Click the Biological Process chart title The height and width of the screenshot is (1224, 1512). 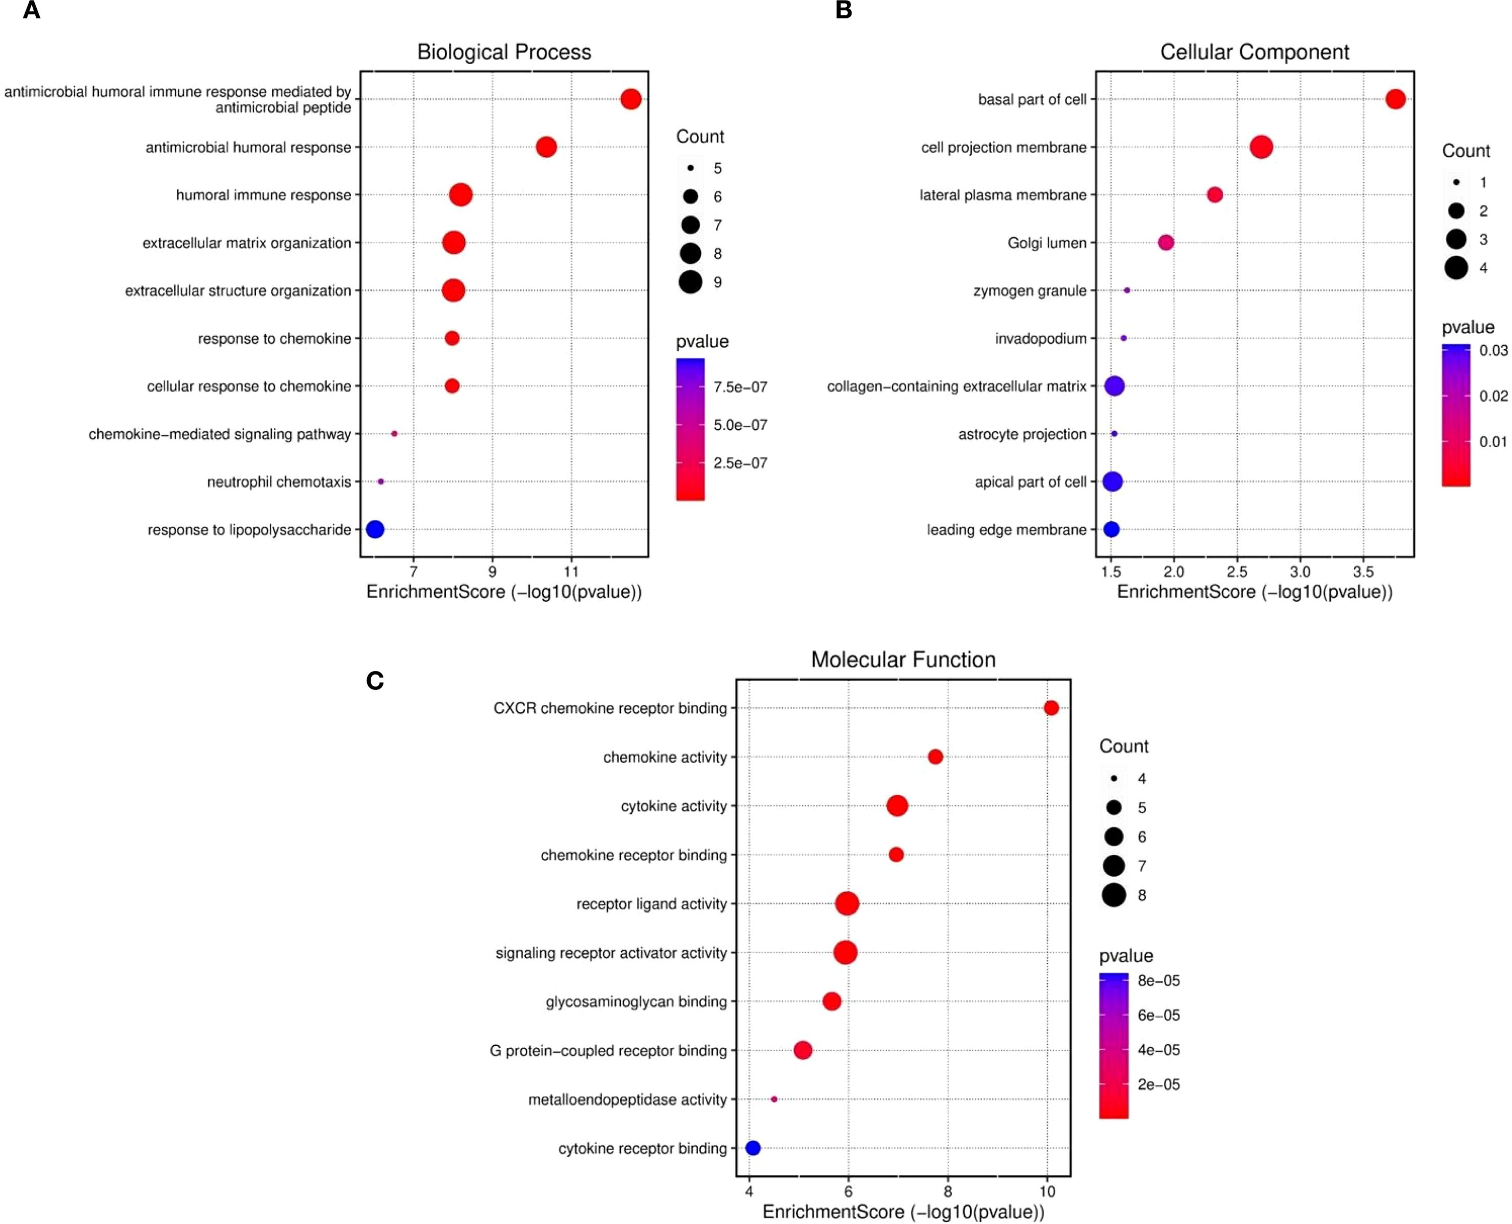(504, 52)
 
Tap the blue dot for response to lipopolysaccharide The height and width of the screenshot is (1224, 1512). (375, 529)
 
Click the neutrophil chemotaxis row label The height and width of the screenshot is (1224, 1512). (279, 482)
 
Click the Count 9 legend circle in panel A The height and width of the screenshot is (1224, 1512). (691, 282)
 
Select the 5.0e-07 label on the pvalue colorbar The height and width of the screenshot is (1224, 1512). (740, 425)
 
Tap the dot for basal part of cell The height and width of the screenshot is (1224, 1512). (1395, 99)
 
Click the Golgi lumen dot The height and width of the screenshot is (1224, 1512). (1166, 243)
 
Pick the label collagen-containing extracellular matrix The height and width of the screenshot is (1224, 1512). (956, 386)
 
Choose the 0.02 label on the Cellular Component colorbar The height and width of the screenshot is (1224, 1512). (1493, 396)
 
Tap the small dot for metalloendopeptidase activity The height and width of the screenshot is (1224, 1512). (774, 1099)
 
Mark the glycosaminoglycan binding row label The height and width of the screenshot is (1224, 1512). (636, 1001)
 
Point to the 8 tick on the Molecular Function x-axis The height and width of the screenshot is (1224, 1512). (947, 1192)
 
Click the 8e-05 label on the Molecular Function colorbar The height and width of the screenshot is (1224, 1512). (1158, 981)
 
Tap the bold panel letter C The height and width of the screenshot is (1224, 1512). (375, 681)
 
